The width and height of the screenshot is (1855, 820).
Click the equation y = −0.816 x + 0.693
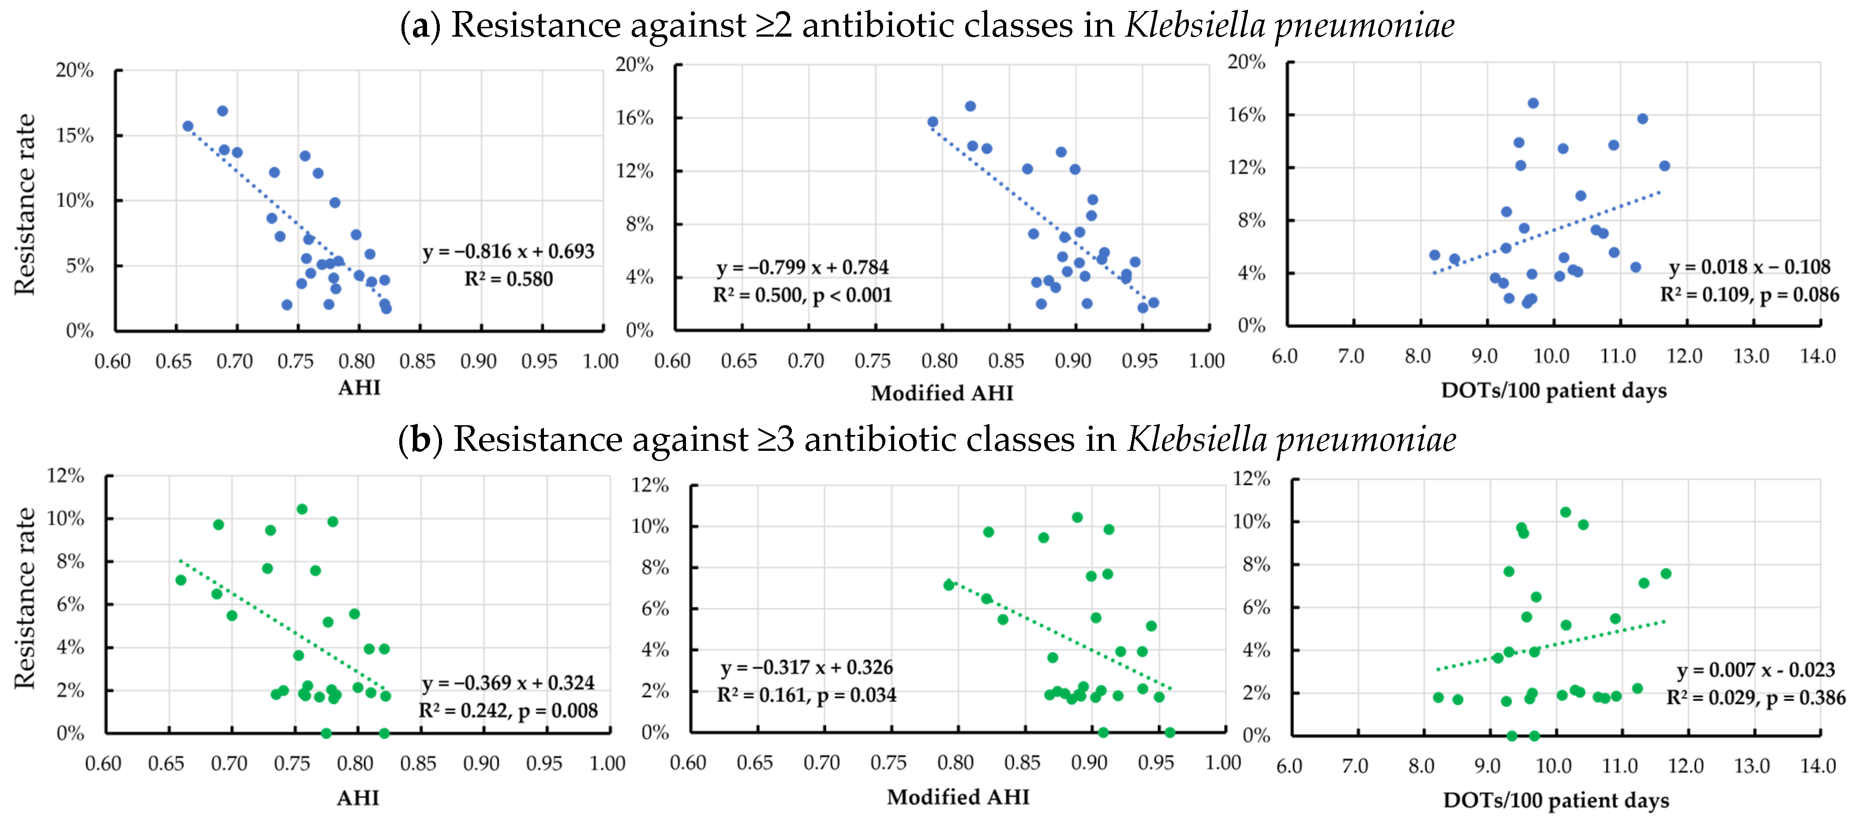pyautogui.click(x=508, y=252)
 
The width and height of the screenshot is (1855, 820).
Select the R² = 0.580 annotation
pyautogui.click(x=508, y=279)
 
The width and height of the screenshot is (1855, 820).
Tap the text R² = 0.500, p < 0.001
pyautogui.click(x=802, y=295)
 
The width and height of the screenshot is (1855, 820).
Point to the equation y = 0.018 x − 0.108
pyautogui.click(x=1749, y=267)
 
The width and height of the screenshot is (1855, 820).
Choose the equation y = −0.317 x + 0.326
pyautogui.click(x=806, y=667)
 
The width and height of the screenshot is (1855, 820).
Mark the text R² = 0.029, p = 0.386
pyautogui.click(x=1756, y=698)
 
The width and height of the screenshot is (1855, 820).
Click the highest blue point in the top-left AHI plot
pyautogui.click(x=222, y=111)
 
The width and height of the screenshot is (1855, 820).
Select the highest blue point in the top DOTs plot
pyautogui.click(x=1533, y=103)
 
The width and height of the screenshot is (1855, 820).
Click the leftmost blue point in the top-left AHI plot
pyautogui.click(x=188, y=126)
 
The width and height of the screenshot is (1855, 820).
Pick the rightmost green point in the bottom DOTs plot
pyautogui.click(x=1666, y=574)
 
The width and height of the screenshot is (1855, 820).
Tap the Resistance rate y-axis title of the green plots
pyautogui.click(x=25, y=598)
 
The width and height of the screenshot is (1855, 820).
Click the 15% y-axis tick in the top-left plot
pyautogui.click(x=75, y=136)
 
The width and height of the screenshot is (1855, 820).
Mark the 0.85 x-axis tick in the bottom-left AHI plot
pyautogui.click(x=418, y=763)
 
